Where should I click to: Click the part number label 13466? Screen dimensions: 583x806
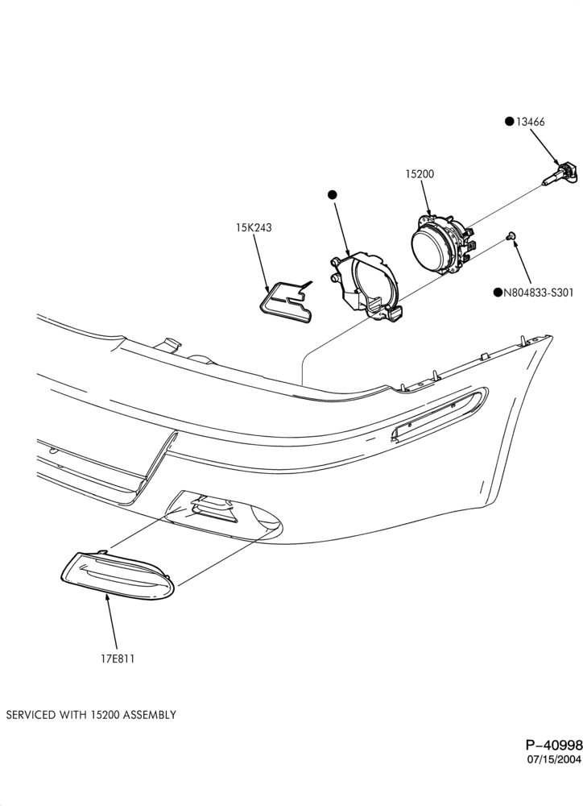[x=530, y=122]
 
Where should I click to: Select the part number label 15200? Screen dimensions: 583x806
[x=420, y=174]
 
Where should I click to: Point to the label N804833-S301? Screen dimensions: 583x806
[x=538, y=293]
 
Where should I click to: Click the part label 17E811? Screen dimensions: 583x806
[x=117, y=659]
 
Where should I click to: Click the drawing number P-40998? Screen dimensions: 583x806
[x=554, y=745]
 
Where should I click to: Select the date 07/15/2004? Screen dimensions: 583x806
[x=554, y=759]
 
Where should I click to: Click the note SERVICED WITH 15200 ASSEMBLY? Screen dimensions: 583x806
[x=91, y=714]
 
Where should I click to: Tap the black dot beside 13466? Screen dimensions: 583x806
[x=509, y=122]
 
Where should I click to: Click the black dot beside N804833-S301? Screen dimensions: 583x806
[x=497, y=293]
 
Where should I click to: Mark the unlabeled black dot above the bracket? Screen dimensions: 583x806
[x=333, y=195]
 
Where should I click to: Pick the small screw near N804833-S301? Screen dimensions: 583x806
[x=510, y=235]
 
